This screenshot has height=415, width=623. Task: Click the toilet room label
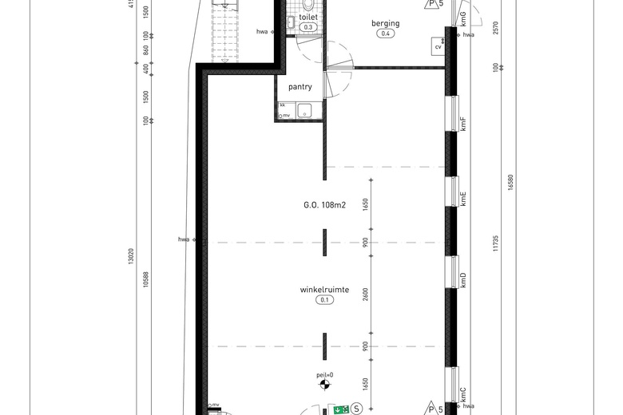point(308,17)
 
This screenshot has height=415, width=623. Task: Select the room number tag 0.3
point(308,27)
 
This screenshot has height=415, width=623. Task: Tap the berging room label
point(385,24)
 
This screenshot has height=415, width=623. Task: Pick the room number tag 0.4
point(386,34)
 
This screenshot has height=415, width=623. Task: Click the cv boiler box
point(438,46)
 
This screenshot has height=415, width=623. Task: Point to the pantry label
point(300,87)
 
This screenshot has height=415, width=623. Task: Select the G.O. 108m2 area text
point(323,205)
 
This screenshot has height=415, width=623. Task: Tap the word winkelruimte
point(323,290)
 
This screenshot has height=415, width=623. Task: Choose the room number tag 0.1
point(324,300)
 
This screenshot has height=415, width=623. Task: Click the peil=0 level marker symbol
point(324,386)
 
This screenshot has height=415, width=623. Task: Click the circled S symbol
point(356,409)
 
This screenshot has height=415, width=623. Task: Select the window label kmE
point(463,199)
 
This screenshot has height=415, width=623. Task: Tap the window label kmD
point(463,279)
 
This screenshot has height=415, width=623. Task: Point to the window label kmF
point(463,124)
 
